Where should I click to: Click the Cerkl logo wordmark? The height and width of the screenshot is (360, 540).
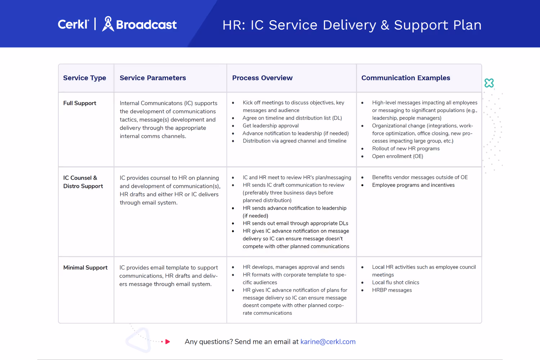[73, 24]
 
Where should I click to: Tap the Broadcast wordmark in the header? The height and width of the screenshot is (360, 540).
[146, 24]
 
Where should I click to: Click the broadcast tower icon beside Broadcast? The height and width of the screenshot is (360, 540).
[108, 24]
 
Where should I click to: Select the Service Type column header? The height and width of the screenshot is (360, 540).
[85, 78]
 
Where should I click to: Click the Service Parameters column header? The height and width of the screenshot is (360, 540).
[153, 78]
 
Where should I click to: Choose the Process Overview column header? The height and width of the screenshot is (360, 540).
[262, 78]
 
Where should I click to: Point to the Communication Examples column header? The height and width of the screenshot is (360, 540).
[406, 78]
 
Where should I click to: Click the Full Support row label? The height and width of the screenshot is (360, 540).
[80, 103]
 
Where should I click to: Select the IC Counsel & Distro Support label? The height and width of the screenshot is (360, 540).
[83, 182]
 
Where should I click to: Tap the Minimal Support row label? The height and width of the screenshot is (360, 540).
[85, 267]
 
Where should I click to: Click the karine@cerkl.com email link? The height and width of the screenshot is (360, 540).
[328, 342]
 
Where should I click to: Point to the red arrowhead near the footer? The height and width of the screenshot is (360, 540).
[167, 342]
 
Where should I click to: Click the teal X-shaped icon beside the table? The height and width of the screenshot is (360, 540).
[489, 83]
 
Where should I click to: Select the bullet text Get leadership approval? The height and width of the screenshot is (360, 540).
[270, 126]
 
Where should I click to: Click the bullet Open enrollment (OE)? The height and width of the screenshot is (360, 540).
[397, 156]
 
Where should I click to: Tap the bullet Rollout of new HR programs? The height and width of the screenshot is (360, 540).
[406, 148]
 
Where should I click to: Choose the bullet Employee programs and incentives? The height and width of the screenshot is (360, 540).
[413, 185]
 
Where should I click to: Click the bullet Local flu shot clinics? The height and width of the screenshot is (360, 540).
[396, 283]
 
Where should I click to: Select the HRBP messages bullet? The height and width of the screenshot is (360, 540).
[392, 290]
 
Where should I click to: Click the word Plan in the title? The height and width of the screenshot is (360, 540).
[467, 25]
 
